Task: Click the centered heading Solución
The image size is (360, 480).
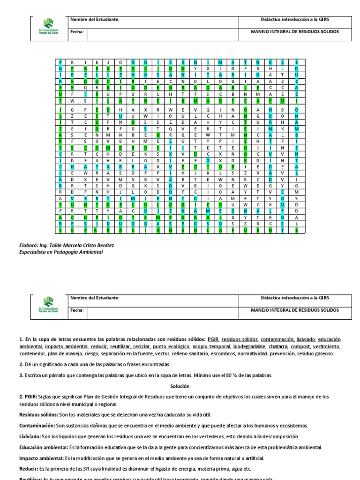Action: click(180, 386)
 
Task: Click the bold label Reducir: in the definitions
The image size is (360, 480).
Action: click(30, 468)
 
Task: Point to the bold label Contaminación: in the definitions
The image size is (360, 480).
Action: click(37, 425)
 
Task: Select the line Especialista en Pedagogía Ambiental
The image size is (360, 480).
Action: click(60, 252)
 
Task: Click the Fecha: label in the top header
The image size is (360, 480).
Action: click(77, 32)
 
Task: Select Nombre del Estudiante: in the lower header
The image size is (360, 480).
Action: click(95, 298)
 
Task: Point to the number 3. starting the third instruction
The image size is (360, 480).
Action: click(21, 375)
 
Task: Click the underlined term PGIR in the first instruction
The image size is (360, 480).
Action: click(213, 339)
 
